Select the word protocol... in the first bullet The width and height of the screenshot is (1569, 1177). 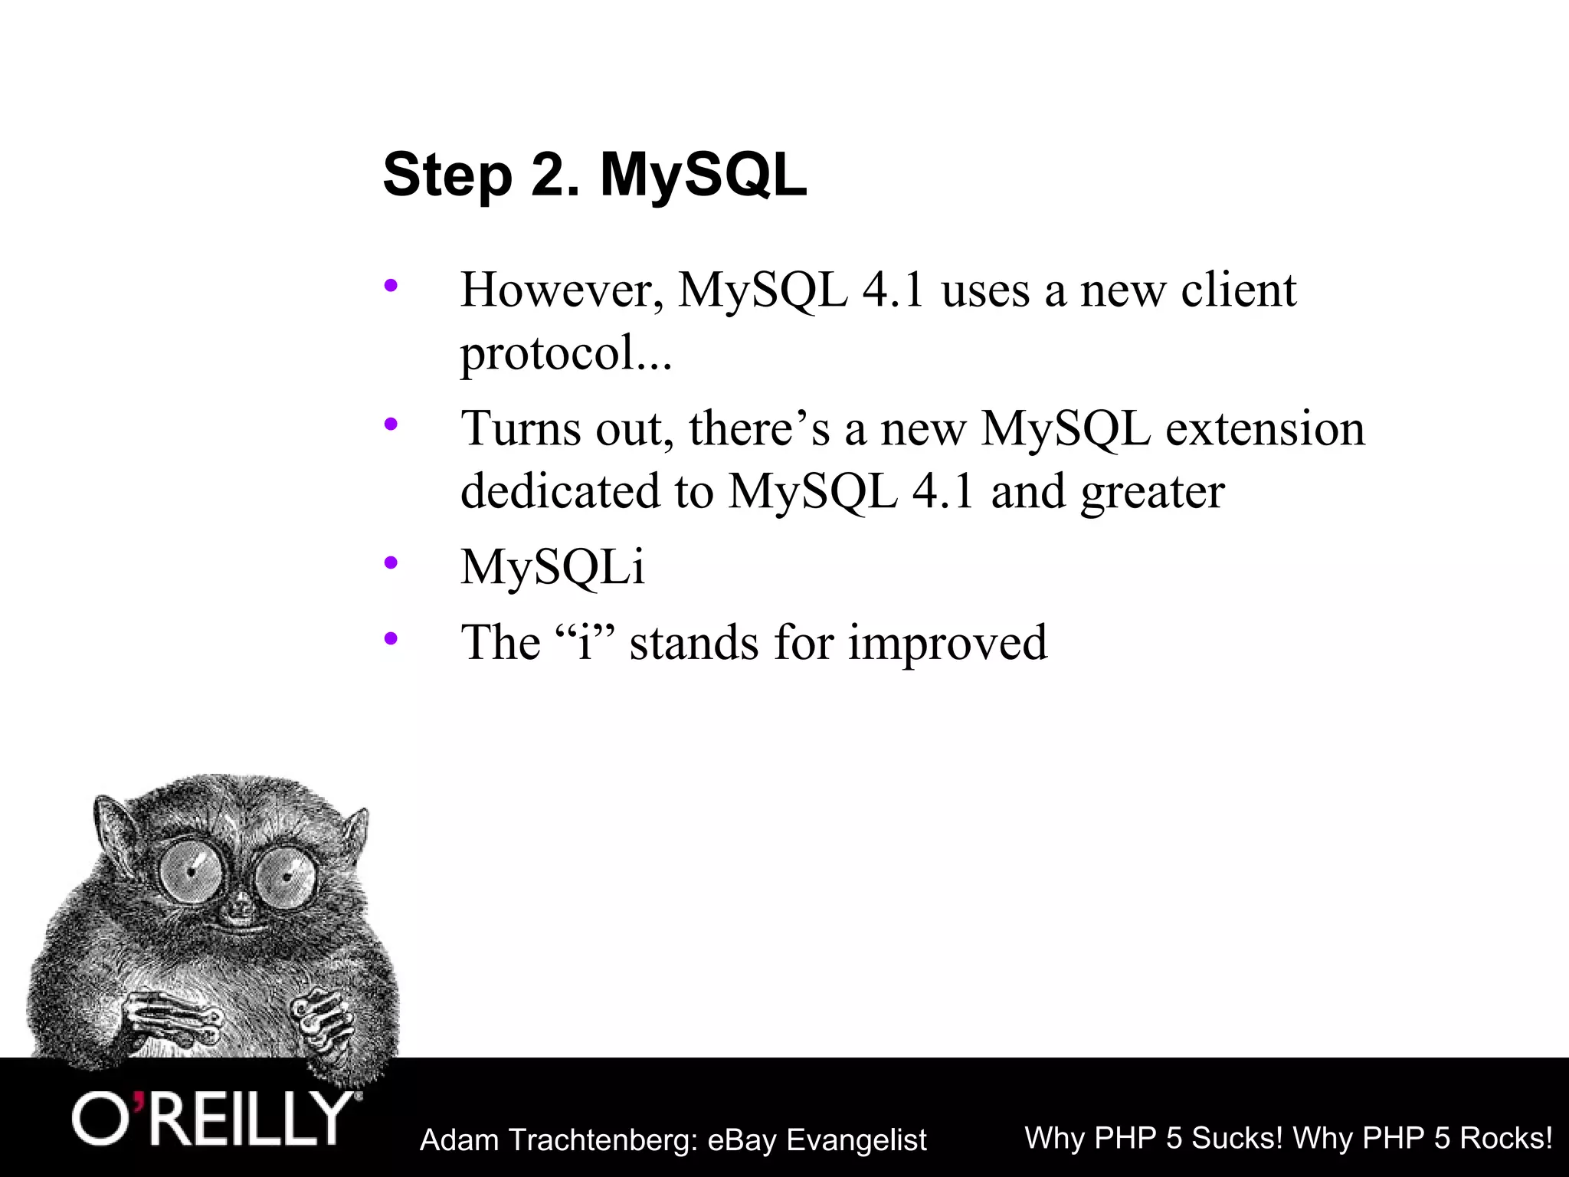pos(565,354)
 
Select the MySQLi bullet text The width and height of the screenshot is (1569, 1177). pos(552,568)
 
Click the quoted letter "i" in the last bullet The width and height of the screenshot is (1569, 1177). pos(585,642)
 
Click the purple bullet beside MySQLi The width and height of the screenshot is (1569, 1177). pos(391,563)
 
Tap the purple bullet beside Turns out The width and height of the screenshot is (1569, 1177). pos(391,424)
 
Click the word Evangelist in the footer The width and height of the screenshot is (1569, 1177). pos(857,1141)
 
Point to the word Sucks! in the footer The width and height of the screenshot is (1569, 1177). pos(1237,1138)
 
